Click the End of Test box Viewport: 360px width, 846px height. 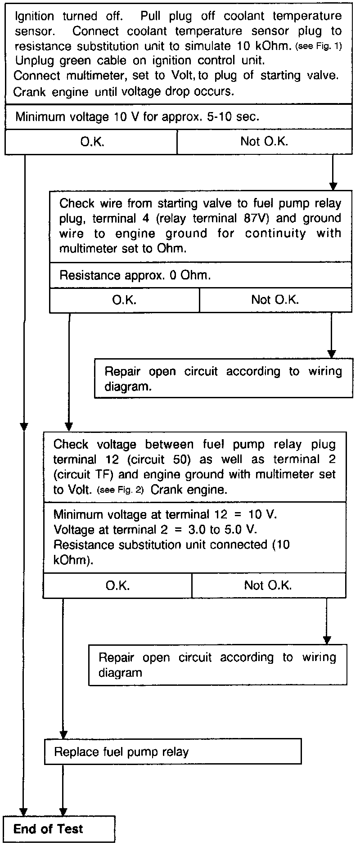(x=59, y=829)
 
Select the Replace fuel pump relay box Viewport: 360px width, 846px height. (x=173, y=751)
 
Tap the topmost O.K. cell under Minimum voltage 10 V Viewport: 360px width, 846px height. (x=91, y=142)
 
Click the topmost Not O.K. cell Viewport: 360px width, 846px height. (x=264, y=142)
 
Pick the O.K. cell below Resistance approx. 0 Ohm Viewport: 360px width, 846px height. (x=124, y=300)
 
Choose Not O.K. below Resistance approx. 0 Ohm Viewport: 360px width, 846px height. (x=275, y=300)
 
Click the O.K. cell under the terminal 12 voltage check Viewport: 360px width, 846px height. (x=117, y=585)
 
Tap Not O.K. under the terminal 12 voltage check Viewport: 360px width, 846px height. (x=268, y=585)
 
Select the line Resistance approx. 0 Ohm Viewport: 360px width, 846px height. (x=135, y=275)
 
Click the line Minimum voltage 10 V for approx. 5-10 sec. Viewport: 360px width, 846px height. (x=137, y=117)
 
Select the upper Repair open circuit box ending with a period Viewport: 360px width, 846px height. (x=223, y=378)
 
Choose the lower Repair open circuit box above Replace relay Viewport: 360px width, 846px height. (x=217, y=665)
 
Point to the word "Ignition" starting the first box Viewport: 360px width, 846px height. (x=34, y=17)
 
